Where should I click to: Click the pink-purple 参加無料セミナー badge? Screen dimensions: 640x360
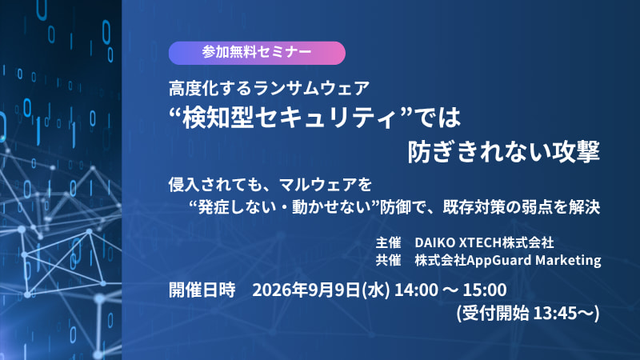(257, 53)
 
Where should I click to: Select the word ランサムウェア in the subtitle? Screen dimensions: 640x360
(311, 88)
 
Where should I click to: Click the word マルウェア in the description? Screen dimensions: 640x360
(317, 185)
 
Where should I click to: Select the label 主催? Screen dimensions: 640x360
(388, 242)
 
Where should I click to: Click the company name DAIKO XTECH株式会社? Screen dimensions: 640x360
(484, 242)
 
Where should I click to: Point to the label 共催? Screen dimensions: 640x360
(388, 260)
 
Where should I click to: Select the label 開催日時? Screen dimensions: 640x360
(202, 290)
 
